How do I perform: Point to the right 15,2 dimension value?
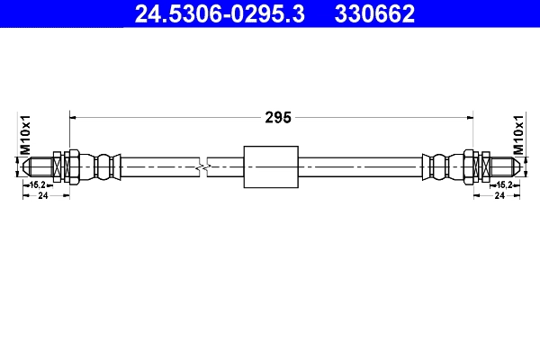point(504,184)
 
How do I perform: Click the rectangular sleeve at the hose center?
point(271,166)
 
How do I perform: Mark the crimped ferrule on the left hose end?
point(106,166)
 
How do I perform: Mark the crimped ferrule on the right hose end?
point(437,166)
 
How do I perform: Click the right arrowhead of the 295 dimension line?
point(470,116)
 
